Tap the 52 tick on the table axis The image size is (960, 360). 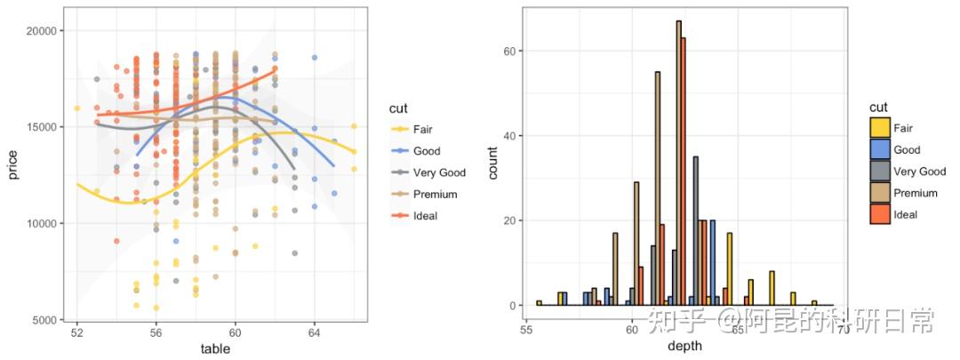tap(77, 333)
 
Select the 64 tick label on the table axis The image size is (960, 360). tap(314, 333)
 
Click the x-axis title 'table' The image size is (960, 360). tap(215, 349)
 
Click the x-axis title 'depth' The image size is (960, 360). tap(684, 346)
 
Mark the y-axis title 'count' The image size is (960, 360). tap(493, 160)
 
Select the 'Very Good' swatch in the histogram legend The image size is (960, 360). tap(880, 172)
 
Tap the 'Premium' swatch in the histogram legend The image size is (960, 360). tap(880, 193)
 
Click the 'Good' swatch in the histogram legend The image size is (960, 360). tap(880, 150)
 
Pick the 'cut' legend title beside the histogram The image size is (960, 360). tap(878, 108)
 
